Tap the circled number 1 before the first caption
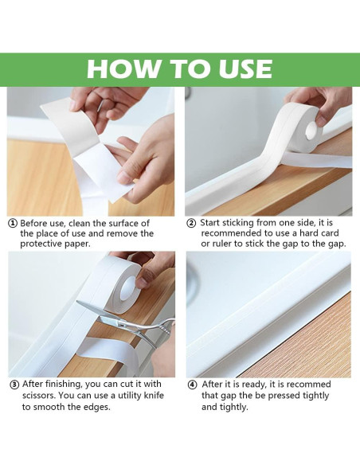[13, 224]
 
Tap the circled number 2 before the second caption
[191, 223]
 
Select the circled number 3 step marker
[14, 385]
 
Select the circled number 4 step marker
[192, 385]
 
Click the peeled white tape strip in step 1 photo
[88, 151]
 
